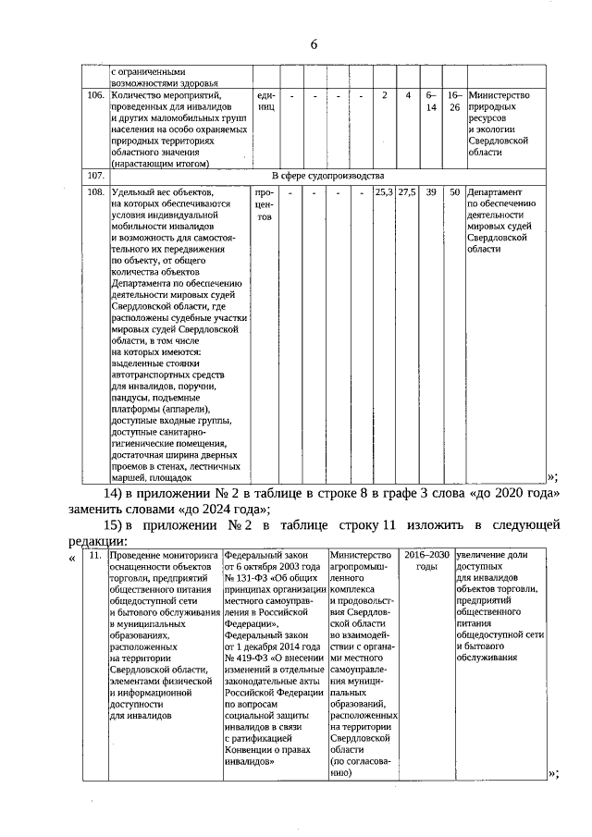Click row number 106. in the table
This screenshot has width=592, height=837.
(x=94, y=95)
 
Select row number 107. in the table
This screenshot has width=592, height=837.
(x=94, y=176)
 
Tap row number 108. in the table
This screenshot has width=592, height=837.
(x=94, y=192)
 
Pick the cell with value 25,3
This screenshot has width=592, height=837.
(x=384, y=192)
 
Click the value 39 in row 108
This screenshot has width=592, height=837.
(x=431, y=192)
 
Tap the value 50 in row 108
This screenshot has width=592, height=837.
(x=454, y=192)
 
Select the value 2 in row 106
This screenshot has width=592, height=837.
(x=384, y=95)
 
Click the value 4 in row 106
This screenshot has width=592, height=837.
(x=407, y=95)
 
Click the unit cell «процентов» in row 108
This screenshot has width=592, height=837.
(x=265, y=205)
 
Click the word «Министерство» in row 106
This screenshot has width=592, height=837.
(x=499, y=95)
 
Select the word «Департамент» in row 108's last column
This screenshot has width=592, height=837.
(x=498, y=192)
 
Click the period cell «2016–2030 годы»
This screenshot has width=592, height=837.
(x=425, y=560)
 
